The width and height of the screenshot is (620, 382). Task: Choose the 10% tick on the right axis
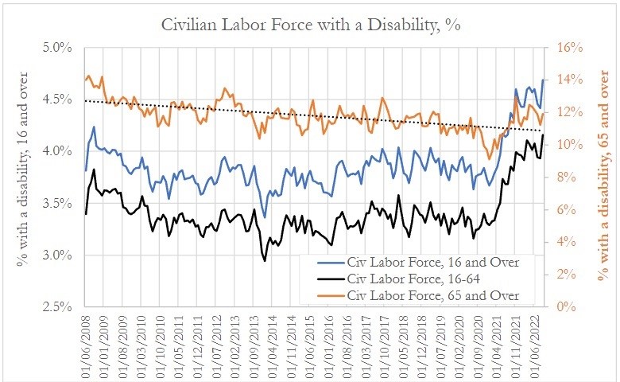tap(560, 145)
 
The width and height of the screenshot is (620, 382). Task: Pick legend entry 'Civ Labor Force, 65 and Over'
tap(433, 295)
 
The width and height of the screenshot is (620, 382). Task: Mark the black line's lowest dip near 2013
tap(264, 260)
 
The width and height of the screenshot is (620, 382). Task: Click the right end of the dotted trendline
tap(543, 131)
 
